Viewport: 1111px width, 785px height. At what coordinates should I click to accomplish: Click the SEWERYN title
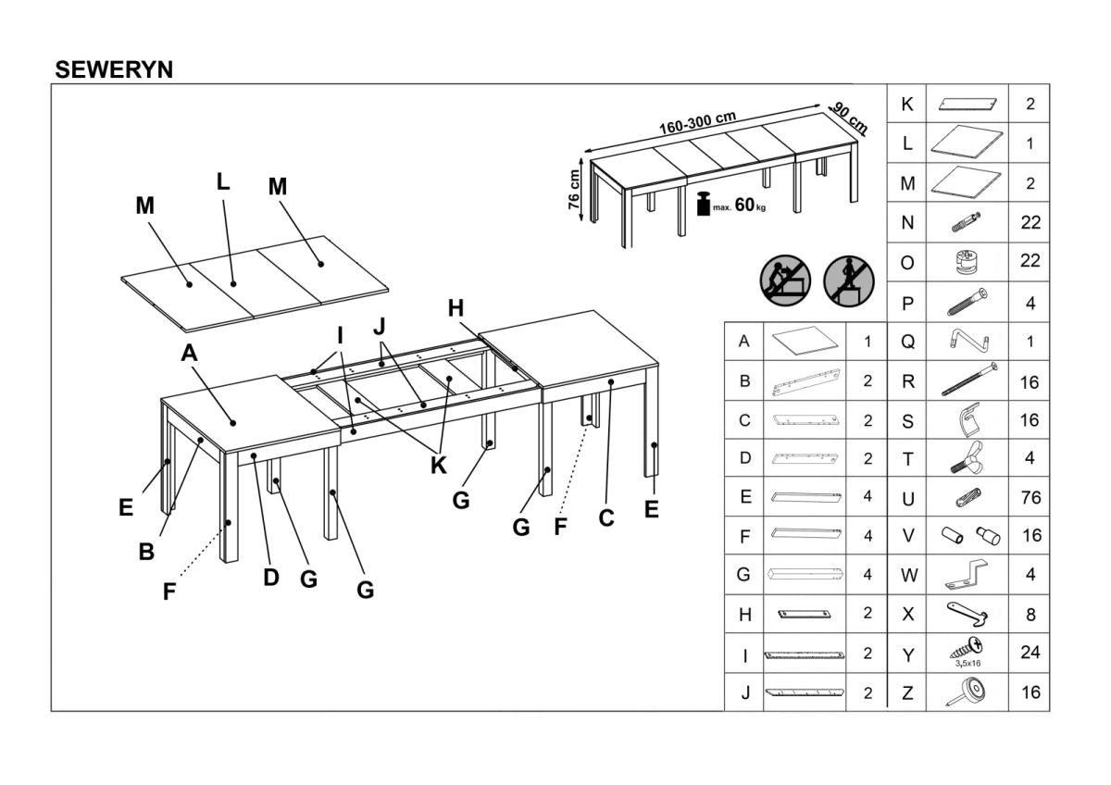[114, 69]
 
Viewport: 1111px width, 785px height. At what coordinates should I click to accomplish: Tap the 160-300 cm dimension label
[697, 122]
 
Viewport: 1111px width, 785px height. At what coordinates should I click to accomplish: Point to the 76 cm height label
[574, 189]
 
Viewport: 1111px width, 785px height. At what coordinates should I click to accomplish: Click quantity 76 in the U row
[1029, 498]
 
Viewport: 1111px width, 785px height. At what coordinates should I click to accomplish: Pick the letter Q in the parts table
[907, 342]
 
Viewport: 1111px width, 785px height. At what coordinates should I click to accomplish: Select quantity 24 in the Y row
[1029, 653]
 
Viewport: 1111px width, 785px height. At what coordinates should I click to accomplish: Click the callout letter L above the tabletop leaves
[223, 182]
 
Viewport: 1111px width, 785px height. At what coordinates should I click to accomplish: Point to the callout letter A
[189, 353]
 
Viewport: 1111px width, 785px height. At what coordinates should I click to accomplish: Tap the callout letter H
[456, 309]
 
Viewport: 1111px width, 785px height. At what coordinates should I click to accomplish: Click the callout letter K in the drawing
[438, 465]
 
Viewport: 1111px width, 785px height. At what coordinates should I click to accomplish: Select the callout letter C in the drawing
[606, 518]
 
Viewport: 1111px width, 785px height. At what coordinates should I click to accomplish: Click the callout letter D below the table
[270, 578]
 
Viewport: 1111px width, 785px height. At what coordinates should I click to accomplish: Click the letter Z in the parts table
[907, 692]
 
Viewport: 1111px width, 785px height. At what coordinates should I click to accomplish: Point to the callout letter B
[146, 552]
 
